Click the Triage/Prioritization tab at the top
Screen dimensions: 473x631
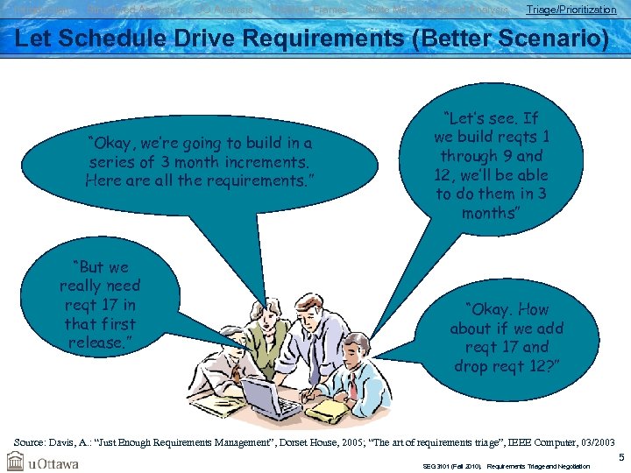click(x=571, y=10)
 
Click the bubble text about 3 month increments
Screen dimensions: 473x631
click(x=200, y=162)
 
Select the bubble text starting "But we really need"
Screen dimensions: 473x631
click(x=99, y=304)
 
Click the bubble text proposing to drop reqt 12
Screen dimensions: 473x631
click(x=507, y=337)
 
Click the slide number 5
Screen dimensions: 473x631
click(x=620, y=457)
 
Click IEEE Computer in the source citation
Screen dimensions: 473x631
click(x=538, y=444)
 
